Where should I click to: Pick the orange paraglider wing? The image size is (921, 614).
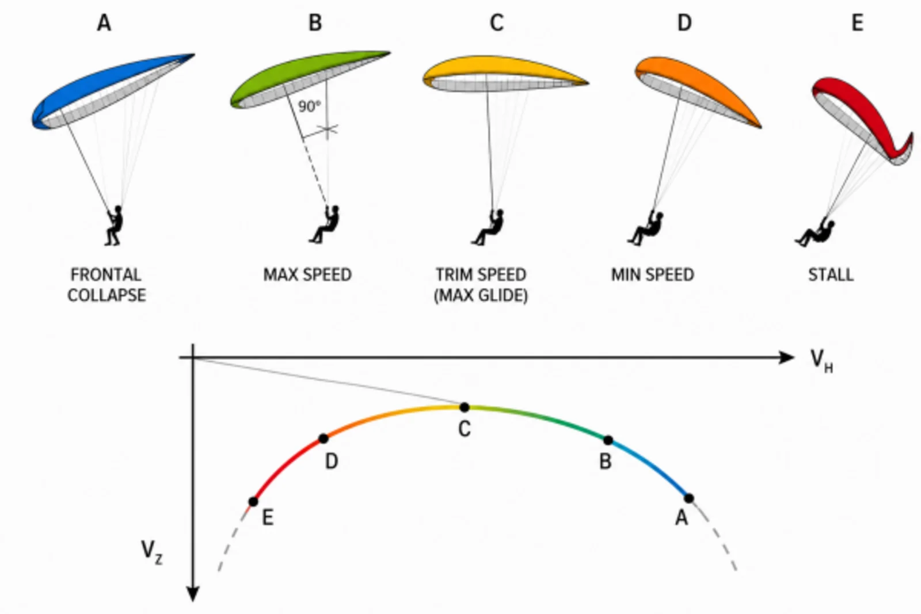tap(695, 89)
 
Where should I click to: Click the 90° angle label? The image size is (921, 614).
tap(309, 106)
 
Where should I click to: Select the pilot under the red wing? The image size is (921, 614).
tap(815, 234)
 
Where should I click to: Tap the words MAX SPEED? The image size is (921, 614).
tap(307, 274)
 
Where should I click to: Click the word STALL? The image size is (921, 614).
tap(831, 274)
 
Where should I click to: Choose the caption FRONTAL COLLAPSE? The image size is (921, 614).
tap(106, 285)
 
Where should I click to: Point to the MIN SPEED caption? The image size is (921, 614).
tap(653, 274)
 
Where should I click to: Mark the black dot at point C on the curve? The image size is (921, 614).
tap(464, 407)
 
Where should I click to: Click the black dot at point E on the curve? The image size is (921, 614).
tap(253, 501)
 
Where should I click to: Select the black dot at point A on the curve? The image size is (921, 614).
tap(689, 498)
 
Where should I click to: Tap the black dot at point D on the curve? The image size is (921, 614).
tap(324, 438)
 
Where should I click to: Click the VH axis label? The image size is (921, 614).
tap(821, 361)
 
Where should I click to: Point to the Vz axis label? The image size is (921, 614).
tap(152, 552)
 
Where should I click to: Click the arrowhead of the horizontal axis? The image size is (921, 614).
tap(786, 357)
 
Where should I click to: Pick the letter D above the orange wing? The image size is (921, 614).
tap(684, 22)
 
